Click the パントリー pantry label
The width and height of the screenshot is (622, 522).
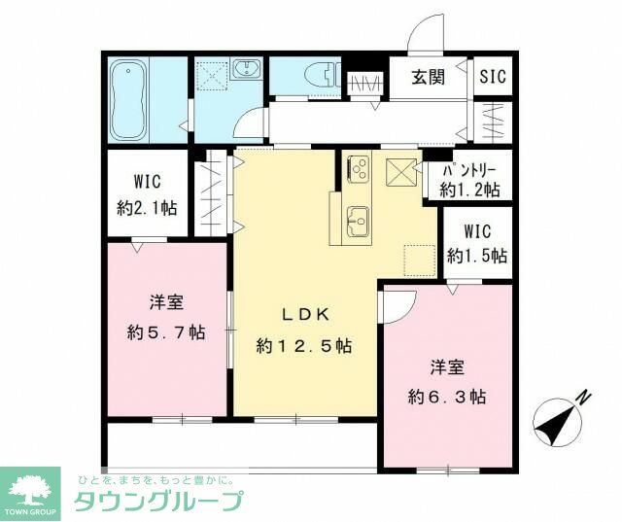click(470, 168)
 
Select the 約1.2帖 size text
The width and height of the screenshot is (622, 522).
click(470, 190)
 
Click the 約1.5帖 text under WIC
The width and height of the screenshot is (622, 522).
click(476, 257)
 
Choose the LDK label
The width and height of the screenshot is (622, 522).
click(304, 314)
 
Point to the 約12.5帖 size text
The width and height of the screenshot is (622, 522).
click(304, 345)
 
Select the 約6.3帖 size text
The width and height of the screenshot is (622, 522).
click(447, 397)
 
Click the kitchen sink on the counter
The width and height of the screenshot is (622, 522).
click(357, 221)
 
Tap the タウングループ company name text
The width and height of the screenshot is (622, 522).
click(158, 502)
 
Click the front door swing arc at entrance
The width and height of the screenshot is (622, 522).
click(424, 37)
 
